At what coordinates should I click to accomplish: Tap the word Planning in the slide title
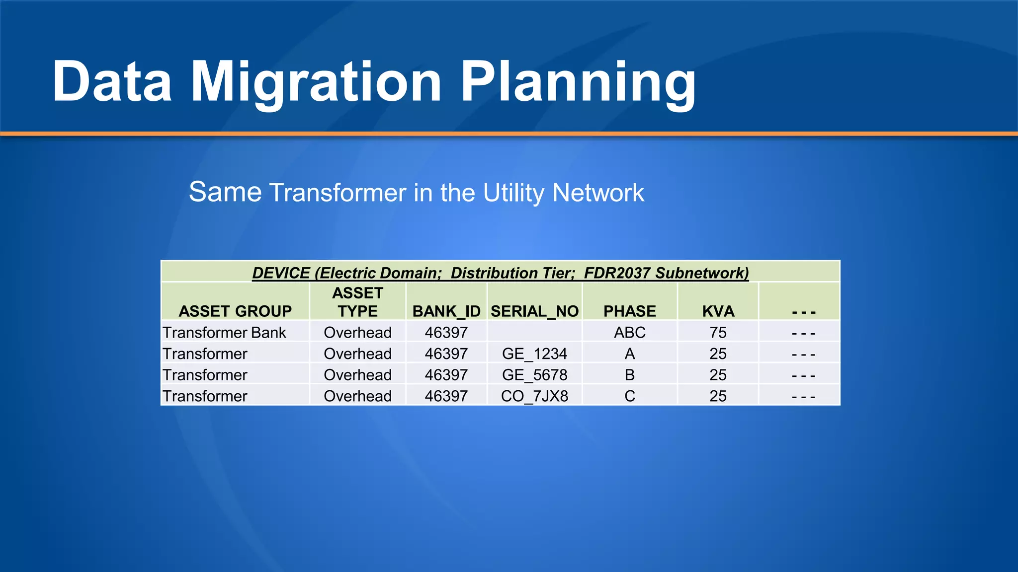578,82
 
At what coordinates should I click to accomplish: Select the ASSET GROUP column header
235,311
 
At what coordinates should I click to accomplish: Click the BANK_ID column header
446,311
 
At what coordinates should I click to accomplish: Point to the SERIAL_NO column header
534,311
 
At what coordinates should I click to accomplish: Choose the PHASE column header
629,311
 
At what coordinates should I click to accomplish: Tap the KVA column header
718,311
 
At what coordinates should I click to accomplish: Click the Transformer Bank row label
224,333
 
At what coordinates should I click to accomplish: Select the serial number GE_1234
534,354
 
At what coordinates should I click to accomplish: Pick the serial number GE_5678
534,375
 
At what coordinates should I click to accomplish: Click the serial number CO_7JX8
534,396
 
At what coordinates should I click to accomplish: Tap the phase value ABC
629,333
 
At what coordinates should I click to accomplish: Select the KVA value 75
718,333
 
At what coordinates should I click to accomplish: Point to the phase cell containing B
629,375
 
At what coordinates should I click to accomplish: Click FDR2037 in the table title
617,273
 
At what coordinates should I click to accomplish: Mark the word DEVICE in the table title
281,273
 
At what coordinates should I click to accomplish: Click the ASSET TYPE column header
357,302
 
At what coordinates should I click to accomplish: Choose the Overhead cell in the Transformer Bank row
357,333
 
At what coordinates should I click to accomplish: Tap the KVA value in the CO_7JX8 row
718,396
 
